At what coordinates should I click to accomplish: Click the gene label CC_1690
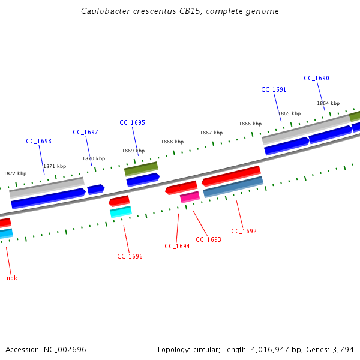tap(316, 79)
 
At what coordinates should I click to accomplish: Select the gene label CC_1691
tap(274, 90)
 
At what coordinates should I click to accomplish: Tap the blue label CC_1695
tap(132, 123)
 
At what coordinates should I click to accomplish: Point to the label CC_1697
tap(85, 133)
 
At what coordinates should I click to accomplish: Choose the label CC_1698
tap(38, 142)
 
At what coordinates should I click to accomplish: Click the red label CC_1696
tap(130, 257)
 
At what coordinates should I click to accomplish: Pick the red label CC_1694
tap(177, 246)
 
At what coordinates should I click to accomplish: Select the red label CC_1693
tap(208, 240)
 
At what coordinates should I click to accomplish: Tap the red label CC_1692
tap(244, 232)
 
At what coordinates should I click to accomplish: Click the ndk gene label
tap(12, 278)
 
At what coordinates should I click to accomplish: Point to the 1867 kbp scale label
tap(211, 133)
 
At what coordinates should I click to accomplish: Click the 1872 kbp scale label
tap(15, 174)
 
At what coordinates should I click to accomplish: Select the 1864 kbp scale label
tap(328, 104)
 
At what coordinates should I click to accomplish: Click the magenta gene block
tap(190, 197)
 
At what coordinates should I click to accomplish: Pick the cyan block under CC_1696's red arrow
tap(121, 211)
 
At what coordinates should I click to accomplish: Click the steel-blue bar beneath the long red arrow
tap(233, 187)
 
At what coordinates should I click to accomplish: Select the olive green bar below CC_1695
tap(141, 169)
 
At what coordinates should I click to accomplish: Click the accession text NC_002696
tap(46, 349)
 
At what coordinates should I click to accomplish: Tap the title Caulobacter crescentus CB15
tap(179, 11)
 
